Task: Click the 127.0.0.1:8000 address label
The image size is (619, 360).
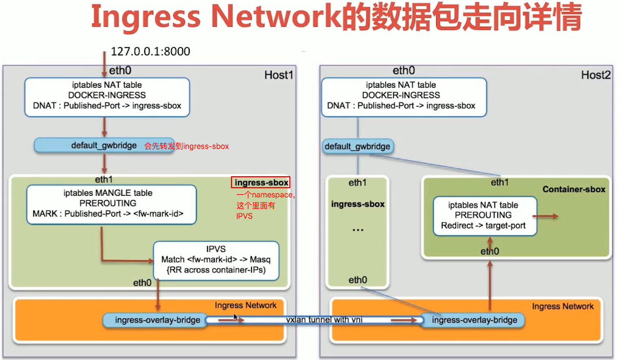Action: tap(150, 52)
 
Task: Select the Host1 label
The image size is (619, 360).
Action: tap(278, 75)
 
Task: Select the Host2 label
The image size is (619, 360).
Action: tap(596, 75)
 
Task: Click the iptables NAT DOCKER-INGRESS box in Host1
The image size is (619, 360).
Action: tap(107, 97)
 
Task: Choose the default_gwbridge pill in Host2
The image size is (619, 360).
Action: tap(358, 146)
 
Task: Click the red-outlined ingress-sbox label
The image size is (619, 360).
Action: tap(260, 183)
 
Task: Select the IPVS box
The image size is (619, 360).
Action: tap(216, 260)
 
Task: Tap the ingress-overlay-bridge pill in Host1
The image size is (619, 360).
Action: tap(153, 320)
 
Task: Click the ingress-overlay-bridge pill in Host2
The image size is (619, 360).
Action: tap(474, 320)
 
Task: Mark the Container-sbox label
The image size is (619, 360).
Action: tap(574, 189)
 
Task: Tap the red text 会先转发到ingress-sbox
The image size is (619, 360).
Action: tap(186, 146)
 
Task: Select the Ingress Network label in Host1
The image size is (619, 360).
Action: tap(246, 305)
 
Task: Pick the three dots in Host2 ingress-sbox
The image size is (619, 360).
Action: tap(358, 230)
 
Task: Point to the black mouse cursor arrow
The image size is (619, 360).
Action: tap(236, 317)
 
